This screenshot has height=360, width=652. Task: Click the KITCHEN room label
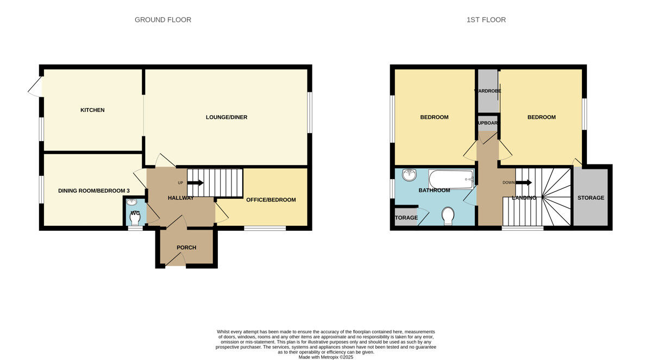(x=92, y=110)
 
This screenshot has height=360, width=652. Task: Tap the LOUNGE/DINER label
(x=227, y=117)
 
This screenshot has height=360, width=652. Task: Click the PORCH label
(x=186, y=248)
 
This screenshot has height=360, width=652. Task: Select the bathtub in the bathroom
(x=451, y=179)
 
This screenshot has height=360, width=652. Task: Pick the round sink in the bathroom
(x=409, y=175)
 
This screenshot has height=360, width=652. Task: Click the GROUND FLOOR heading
(x=163, y=20)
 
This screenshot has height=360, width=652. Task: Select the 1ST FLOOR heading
(x=486, y=20)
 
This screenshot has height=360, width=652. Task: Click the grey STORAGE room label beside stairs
(x=591, y=198)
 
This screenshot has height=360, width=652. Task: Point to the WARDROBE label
(x=487, y=91)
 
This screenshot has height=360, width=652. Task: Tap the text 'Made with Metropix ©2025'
(x=326, y=357)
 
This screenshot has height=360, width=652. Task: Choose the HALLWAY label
(x=181, y=198)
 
